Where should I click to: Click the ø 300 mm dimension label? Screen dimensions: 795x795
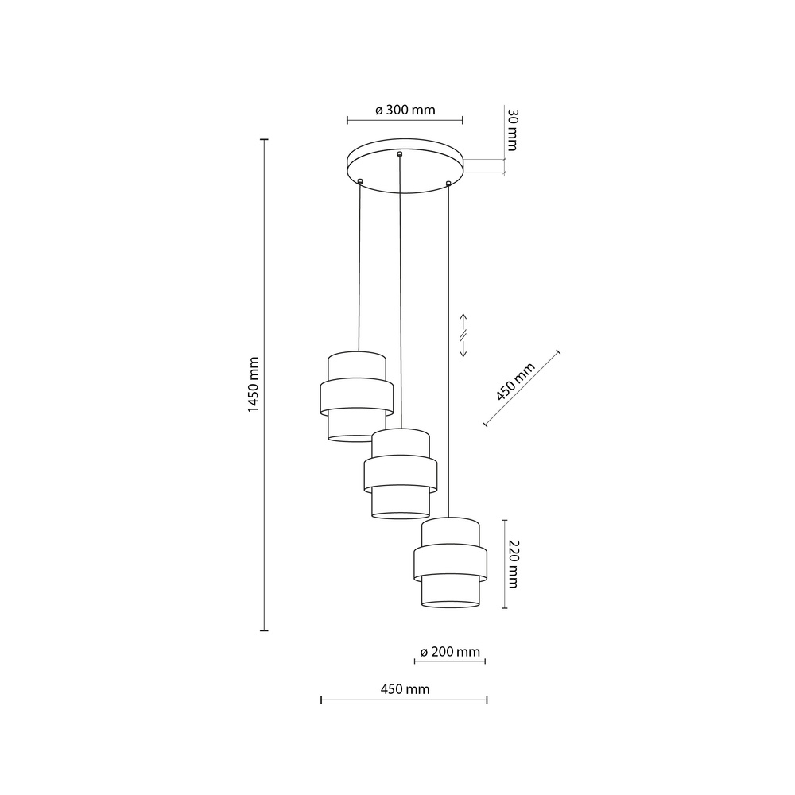point(405,111)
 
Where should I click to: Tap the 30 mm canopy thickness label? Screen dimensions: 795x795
point(512,131)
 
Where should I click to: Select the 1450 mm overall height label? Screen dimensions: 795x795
point(254,384)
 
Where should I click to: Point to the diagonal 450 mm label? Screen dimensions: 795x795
point(515,381)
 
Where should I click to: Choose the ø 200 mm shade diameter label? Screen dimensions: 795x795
point(450,652)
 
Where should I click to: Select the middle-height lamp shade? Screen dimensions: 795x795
point(401,473)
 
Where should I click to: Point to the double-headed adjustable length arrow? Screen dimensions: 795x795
point(463,335)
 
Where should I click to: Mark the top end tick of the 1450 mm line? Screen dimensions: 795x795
point(265,139)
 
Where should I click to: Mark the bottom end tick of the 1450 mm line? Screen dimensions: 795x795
point(265,630)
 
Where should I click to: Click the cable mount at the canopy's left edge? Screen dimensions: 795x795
point(360,182)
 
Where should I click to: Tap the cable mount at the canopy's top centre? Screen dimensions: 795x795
point(400,153)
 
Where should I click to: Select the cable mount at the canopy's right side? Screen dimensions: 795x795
point(449,184)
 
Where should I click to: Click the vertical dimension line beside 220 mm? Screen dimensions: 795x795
point(504,564)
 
